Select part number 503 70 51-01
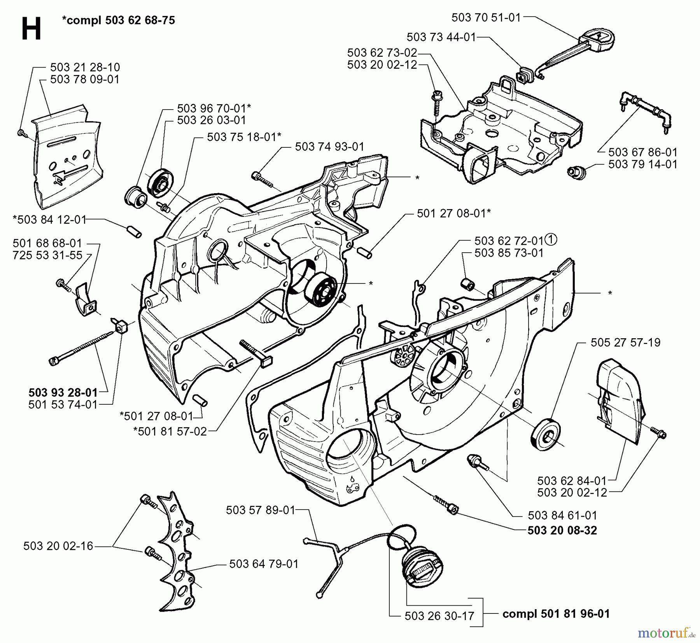point(486,17)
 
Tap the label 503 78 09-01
point(85,79)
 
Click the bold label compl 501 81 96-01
point(556,614)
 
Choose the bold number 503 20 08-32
point(562,530)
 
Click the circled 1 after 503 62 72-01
point(551,240)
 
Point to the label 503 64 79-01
point(264,564)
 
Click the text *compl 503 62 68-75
point(118,20)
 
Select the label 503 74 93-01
point(329,147)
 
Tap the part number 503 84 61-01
point(562,515)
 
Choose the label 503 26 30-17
point(439,616)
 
